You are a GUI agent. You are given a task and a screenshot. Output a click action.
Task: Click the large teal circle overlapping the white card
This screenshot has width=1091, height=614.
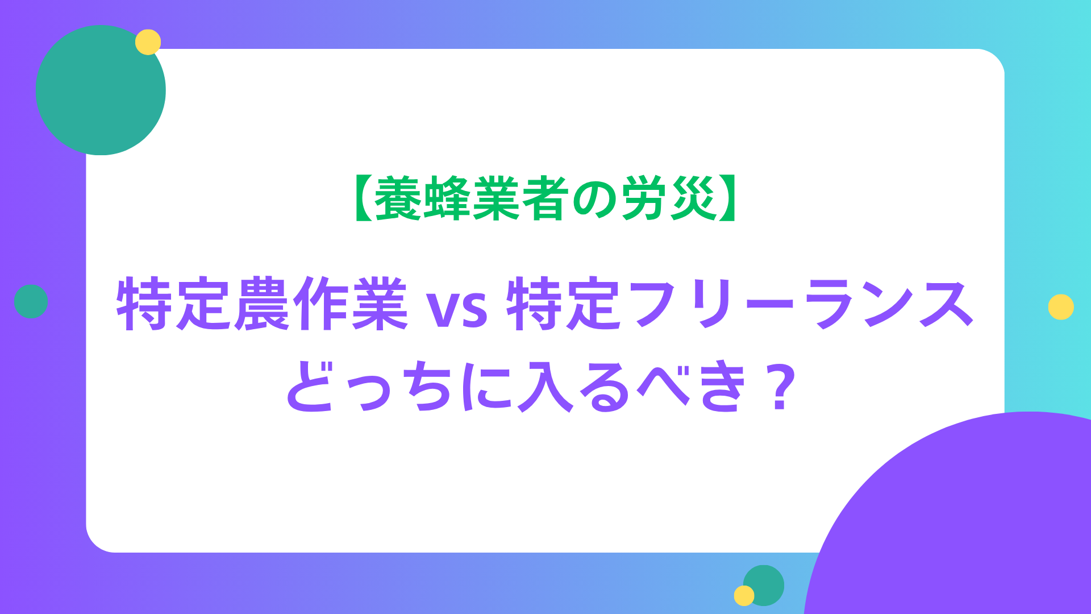point(101,90)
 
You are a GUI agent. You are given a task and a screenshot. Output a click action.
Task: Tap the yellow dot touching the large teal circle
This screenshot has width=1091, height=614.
point(148,42)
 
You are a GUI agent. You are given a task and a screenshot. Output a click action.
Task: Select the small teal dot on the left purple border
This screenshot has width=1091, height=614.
point(31,301)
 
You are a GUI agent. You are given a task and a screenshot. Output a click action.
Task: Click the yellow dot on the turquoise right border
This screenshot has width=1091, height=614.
point(1061,307)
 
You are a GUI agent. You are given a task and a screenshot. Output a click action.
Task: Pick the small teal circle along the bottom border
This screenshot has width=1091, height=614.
point(764,586)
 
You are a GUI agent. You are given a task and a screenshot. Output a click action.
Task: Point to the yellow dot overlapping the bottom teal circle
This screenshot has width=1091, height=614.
point(744,596)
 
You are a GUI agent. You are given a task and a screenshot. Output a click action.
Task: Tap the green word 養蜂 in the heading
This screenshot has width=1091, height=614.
point(422,198)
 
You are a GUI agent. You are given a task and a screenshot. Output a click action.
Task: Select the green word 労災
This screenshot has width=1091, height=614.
point(669,198)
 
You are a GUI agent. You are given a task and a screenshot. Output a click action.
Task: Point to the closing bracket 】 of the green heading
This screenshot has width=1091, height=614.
point(728,198)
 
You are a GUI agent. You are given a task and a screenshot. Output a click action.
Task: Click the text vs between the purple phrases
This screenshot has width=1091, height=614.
point(457,310)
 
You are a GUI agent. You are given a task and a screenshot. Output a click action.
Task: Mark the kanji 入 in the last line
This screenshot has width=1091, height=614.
point(544,386)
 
